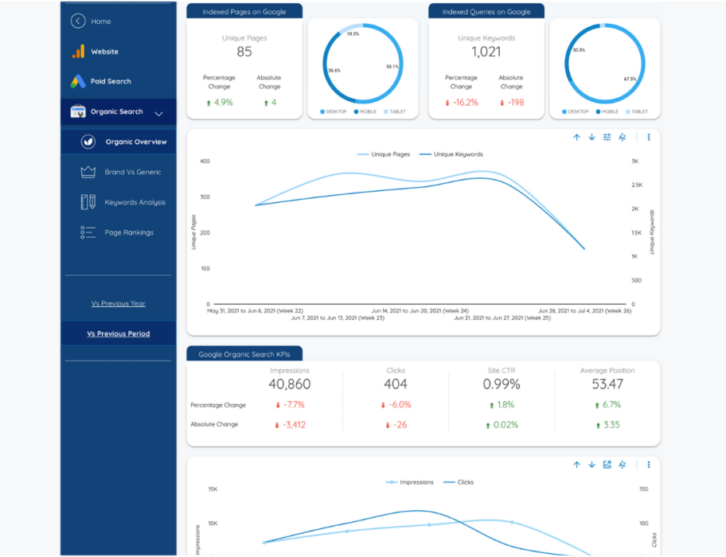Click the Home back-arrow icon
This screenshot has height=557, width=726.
coord(77,21)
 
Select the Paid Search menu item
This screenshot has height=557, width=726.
coord(110,81)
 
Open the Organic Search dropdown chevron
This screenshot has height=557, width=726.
coord(158,113)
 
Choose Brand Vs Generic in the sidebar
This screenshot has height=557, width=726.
coord(132,172)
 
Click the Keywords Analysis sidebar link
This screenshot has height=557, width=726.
coord(135,202)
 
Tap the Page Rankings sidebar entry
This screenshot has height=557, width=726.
coord(128,232)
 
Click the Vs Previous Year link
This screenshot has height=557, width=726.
coord(118,303)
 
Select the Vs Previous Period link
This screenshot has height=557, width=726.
coord(118,333)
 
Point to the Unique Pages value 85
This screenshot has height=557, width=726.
coord(244,53)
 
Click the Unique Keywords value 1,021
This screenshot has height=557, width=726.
coord(486,53)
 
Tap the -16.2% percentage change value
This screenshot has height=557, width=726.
coord(464,103)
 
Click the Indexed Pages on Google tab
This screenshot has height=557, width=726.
coord(244,12)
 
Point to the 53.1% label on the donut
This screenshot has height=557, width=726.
coord(392,67)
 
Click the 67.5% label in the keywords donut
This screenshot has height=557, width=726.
coord(630,79)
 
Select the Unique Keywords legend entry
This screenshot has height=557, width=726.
coord(458,154)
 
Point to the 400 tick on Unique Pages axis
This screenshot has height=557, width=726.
coord(205,161)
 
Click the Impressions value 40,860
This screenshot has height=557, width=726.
coord(289,384)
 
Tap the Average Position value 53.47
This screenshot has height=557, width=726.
coord(607,384)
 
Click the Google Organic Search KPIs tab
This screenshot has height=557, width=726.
coord(244,354)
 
